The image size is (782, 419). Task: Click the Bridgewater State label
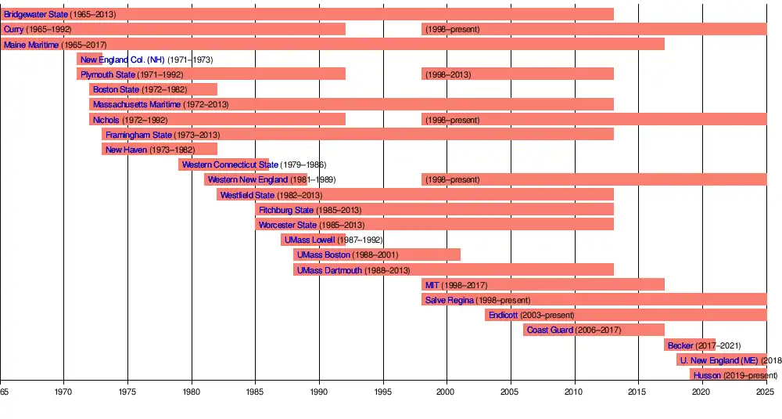click(x=35, y=14)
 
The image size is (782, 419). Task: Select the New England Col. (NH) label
click(x=122, y=60)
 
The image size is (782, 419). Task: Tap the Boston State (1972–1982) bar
click(x=153, y=89)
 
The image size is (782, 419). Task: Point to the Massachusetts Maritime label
click(x=136, y=104)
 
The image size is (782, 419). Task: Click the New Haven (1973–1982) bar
click(x=160, y=150)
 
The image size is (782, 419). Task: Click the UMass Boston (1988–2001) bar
click(x=377, y=255)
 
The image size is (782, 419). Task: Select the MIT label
click(x=432, y=285)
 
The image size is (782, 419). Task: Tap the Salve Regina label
click(x=449, y=300)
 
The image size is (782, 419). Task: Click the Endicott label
click(x=503, y=315)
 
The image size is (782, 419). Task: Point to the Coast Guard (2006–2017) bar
click(x=594, y=330)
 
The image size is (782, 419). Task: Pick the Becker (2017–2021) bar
click(x=690, y=345)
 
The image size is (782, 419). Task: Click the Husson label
click(x=707, y=375)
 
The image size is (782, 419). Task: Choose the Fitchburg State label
click(x=286, y=210)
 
